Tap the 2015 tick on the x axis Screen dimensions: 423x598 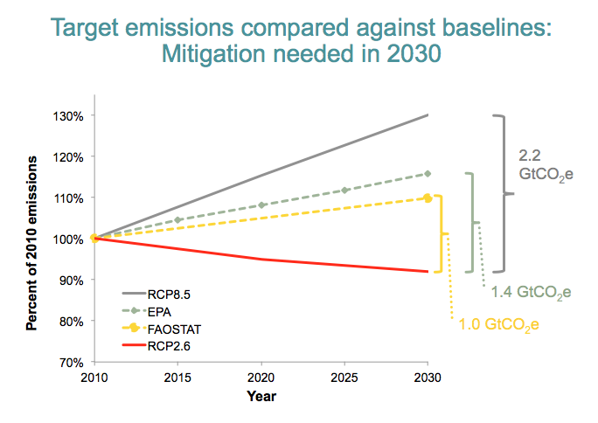[x=177, y=377]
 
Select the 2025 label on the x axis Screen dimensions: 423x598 [x=344, y=377]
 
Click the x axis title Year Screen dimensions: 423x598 [x=261, y=396]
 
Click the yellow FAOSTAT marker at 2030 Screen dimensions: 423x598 [x=428, y=198]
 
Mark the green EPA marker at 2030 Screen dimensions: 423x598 [x=428, y=174]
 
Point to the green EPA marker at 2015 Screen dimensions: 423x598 [x=177, y=219]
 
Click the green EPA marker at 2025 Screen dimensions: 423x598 [x=344, y=190]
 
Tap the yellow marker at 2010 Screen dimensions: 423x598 [x=94, y=238]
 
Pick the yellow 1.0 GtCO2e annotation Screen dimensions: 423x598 [x=498, y=325]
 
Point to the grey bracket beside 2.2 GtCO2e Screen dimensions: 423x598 [x=502, y=193]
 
